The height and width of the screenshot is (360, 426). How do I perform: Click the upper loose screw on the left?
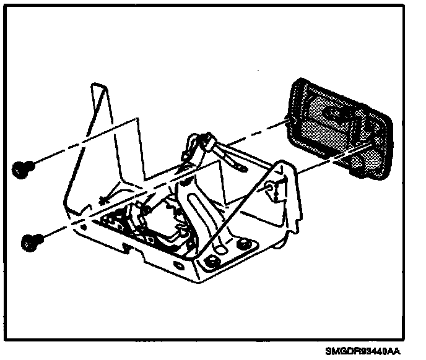tap(23, 166)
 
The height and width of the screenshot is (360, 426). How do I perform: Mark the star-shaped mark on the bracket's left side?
tap(102, 199)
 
